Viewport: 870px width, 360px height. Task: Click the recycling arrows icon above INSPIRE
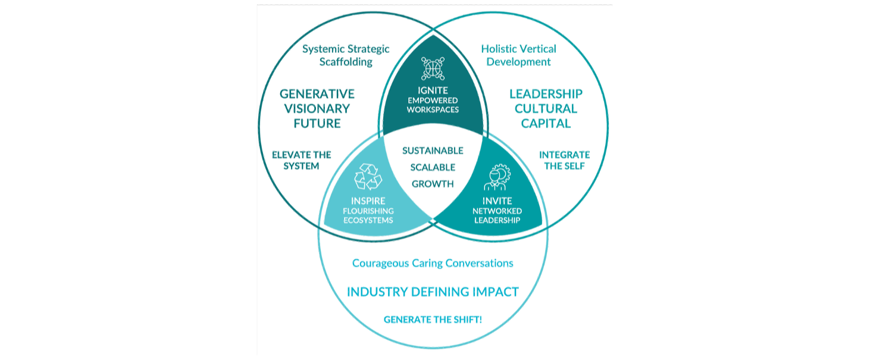(x=368, y=177)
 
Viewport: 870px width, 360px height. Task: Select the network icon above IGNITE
(x=433, y=68)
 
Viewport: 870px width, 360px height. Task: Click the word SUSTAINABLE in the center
(x=433, y=151)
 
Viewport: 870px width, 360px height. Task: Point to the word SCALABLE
(x=433, y=167)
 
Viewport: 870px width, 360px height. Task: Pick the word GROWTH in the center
(x=433, y=184)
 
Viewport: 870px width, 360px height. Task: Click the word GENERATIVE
(x=317, y=94)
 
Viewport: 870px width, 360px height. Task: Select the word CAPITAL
(x=546, y=124)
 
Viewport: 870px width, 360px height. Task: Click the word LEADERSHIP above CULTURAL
(x=546, y=94)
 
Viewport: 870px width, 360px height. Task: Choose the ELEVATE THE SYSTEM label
(x=301, y=161)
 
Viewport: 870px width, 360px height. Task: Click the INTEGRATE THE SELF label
(x=564, y=160)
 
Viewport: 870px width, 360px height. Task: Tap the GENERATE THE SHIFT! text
(x=433, y=320)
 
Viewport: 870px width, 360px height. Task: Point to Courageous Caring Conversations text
(x=433, y=263)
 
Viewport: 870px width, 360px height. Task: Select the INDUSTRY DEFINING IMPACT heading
(x=433, y=292)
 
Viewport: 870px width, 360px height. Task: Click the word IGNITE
(x=433, y=90)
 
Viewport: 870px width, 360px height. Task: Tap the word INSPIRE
(x=368, y=201)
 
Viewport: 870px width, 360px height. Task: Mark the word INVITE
(x=497, y=201)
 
